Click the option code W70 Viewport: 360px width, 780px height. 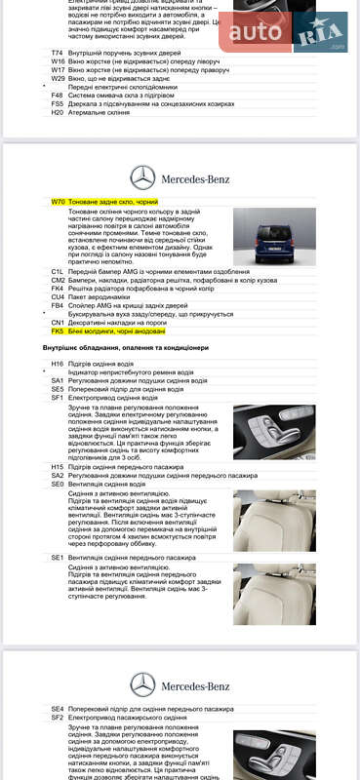[x=58, y=202]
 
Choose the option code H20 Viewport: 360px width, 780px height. [x=58, y=112]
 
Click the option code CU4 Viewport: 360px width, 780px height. [x=58, y=296]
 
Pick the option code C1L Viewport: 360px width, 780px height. [x=58, y=270]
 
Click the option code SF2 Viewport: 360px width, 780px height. [x=58, y=718]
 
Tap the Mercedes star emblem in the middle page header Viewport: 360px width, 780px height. [x=142, y=176]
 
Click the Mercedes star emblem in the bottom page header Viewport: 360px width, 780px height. [x=142, y=683]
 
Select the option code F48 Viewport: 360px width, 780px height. [x=58, y=95]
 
